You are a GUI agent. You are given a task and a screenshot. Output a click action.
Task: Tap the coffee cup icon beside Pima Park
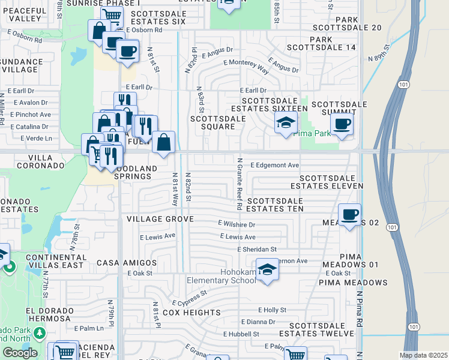click(342, 124)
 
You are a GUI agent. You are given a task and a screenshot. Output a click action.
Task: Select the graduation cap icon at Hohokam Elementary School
click(268, 270)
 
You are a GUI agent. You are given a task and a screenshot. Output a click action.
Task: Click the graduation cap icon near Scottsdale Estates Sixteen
click(286, 123)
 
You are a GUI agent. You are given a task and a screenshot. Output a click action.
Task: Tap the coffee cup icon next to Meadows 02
click(349, 214)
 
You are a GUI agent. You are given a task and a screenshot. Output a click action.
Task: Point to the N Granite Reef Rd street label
click(239, 184)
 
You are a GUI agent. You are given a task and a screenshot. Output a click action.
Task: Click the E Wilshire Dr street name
click(237, 224)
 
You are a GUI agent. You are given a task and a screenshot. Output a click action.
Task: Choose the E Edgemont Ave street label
click(274, 164)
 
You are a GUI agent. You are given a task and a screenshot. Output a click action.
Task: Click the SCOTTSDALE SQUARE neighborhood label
click(217, 122)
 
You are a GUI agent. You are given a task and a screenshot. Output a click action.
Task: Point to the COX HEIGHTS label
click(191, 313)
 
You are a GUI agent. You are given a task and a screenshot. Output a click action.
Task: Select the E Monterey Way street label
click(246, 65)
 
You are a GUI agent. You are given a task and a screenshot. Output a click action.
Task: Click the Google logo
click(20, 353)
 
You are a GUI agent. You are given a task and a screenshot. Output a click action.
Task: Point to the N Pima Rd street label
click(359, 310)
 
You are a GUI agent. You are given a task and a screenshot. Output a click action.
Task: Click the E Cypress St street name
click(189, 299)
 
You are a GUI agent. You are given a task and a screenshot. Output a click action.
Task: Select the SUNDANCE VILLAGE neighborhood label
click(19, 65)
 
